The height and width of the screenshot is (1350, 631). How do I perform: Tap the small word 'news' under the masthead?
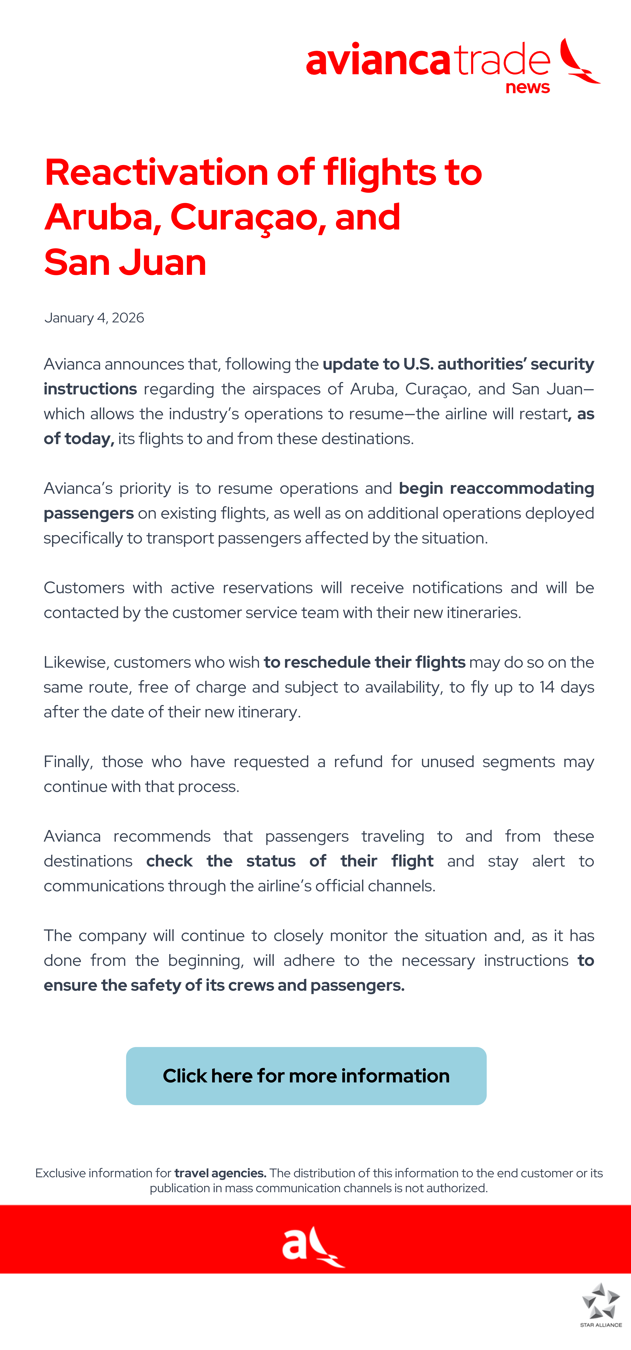(527, 87)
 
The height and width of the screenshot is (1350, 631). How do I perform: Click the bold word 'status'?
(271, 861)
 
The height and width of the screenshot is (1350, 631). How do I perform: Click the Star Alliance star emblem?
(601, 1301)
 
